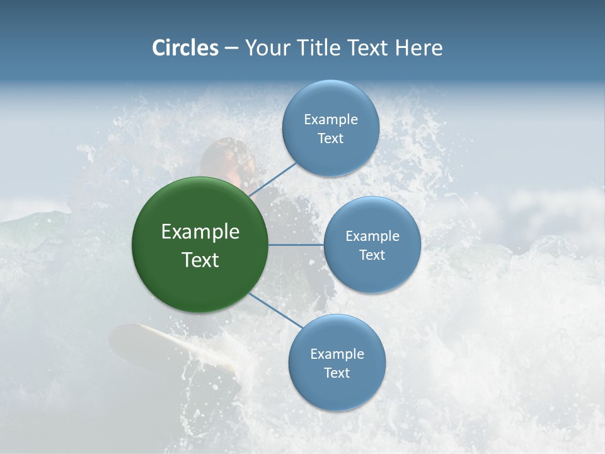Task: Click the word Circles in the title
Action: click(185, 48)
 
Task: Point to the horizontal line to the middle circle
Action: click(296, 245)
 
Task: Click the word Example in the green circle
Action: click(200, 232)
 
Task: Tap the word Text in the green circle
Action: click(200, 260)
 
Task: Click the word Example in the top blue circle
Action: click(331, 120)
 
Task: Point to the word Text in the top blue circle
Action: click(330, 139)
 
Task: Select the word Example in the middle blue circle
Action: click(372, 236)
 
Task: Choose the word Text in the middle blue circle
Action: click(372, 255)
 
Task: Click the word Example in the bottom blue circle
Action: click(337, 354)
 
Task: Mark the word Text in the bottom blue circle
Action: click(337, 373)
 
